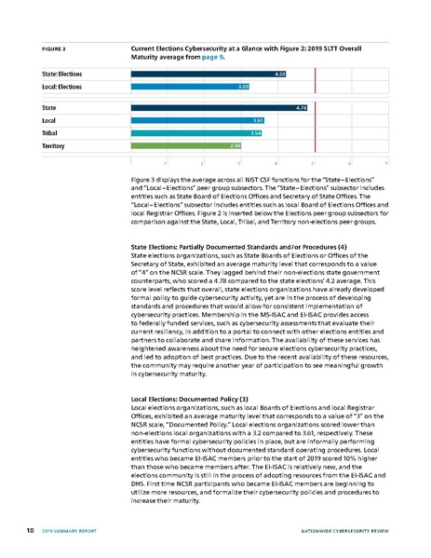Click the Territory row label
point(56,145)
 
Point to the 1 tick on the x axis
point(166,162)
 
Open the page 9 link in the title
point(214,57)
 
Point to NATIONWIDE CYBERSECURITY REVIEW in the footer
point(346,532)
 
